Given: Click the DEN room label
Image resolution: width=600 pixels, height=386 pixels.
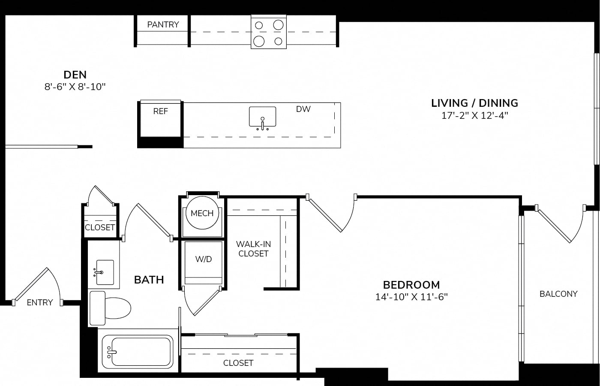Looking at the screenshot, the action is tap(75, 75).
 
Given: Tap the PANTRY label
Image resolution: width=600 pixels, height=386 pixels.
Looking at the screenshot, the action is tap(163, 25).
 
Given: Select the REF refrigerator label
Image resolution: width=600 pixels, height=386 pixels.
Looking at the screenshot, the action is tap(160, 111).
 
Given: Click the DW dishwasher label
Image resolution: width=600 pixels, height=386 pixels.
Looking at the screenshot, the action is tap(303, 109).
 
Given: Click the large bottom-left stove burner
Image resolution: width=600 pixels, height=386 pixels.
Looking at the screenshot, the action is tap(259, 42).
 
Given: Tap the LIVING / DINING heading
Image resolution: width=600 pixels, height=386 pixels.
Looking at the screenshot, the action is tap(474, 103).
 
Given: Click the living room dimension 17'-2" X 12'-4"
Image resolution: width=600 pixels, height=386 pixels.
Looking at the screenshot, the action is tap(475, 116).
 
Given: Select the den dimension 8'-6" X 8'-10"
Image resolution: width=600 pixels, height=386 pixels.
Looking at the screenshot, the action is tap(75, 87).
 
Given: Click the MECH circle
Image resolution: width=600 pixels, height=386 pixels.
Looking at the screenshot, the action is tap(202, 213).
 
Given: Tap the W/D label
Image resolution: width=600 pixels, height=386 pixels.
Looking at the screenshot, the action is tap(204, 259).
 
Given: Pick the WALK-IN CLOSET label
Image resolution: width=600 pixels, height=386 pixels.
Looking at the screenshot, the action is tap(253, 249).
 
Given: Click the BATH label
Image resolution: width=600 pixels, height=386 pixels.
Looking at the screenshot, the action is tap(149, 280).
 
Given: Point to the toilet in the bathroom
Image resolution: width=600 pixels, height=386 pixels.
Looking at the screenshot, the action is tap(110, 308).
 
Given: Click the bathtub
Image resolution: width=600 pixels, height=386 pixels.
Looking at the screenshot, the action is tap(138, 352).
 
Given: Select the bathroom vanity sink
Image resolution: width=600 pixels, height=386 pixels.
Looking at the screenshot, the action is tap(104, 272).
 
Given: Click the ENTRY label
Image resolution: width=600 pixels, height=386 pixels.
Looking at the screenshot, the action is tap(40, 303).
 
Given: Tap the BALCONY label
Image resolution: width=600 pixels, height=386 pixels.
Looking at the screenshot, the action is tap(558, 294).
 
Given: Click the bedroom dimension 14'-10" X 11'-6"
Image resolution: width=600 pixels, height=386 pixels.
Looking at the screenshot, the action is tap(411, 297).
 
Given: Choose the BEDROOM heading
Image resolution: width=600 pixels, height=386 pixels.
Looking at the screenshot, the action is tap(411, 285).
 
